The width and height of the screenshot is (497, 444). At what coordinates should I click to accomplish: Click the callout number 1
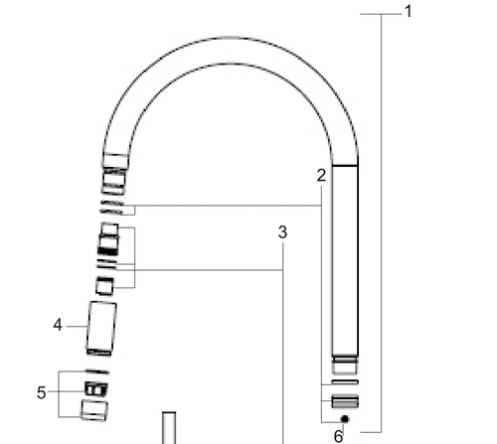point(408,12)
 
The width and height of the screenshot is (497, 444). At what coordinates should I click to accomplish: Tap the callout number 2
point(321,176)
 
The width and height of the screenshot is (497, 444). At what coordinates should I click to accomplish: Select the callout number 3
point(282,232)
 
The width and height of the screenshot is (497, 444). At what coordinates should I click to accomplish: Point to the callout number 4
point(58,324)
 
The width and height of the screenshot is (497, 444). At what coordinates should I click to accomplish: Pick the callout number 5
point(42,392)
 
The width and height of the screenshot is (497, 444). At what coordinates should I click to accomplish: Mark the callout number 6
point(338,434)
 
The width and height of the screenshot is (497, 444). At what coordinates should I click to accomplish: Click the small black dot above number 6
point(344,419)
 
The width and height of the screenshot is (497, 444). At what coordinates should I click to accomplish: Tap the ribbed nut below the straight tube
point(343,401)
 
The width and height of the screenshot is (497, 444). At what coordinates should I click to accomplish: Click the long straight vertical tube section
point(343,258)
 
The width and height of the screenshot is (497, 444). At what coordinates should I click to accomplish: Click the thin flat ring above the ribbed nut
point(343,383)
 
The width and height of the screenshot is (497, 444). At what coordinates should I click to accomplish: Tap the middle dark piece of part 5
point(94,386)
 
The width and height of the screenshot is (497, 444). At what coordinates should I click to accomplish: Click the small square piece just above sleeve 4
point(104,285)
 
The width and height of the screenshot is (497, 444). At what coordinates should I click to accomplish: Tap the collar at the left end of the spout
point(116,162)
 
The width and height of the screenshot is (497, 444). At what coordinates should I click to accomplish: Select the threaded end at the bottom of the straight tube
point(343,363)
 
